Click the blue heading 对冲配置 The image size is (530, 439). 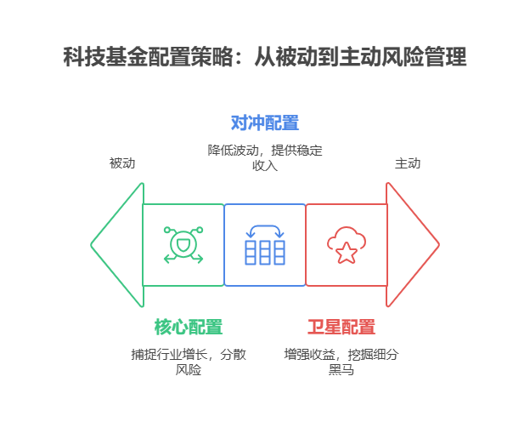point(265,123)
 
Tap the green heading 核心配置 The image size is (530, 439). point(189,327)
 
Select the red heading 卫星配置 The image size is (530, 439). point(341,327)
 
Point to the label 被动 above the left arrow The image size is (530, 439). point(122,163)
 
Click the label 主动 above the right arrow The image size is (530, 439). point(408,163)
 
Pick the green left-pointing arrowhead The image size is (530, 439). point(117,245)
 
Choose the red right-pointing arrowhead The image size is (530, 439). point(413,245)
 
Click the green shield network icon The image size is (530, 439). point(183,245)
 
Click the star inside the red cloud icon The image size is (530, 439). point(347,253)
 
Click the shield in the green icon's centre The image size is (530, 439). point(183,244)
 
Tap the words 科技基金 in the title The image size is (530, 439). point(105,56)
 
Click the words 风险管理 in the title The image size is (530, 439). point(424,56)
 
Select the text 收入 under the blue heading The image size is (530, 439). point(265,166)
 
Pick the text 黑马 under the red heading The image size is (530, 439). point(341,369)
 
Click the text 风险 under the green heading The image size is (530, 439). point(189,369)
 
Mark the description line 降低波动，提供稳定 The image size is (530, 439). point(265,151)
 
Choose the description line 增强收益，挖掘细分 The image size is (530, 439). point(341,355)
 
